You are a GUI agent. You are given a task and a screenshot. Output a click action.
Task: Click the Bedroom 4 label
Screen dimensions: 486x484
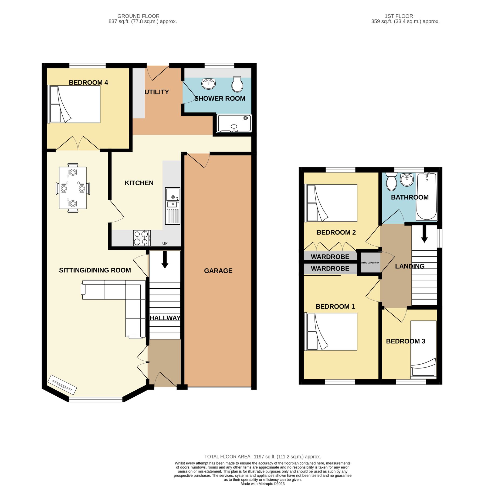click(88, 83)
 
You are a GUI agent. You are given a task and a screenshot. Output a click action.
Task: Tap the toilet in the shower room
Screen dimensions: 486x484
click(237, 84)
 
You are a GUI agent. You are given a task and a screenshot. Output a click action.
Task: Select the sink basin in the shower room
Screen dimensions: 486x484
click(208, 84)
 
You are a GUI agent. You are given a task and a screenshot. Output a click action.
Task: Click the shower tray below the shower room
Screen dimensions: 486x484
click(234, 123)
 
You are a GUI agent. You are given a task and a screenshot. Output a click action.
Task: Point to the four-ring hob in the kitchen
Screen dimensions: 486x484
click(142, 238)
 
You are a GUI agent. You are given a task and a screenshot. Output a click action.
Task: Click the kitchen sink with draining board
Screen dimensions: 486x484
click(172, 206)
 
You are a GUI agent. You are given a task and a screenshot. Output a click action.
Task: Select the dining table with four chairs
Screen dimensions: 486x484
click(73, 188)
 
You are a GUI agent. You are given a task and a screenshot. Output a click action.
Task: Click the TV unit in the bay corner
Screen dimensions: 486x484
click(62, 385)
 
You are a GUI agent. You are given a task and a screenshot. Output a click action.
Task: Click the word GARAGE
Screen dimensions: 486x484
click(218, 271)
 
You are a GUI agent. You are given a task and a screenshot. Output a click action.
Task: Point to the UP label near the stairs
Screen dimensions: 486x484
click(165, 243)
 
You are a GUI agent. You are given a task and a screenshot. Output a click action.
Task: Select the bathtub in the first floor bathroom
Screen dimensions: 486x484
click(427, 196)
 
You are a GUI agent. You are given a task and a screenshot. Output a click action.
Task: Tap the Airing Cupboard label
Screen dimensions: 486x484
click(370, 263)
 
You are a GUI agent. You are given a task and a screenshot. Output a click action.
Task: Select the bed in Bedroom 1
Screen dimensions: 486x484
click(331, 332)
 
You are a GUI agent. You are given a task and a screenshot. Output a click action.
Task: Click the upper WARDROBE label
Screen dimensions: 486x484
click(330, 257)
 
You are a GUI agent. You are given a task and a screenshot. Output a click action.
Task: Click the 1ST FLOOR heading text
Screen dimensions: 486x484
click(398, 16)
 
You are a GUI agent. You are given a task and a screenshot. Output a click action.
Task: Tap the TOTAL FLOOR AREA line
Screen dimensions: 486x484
click(262, 457)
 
